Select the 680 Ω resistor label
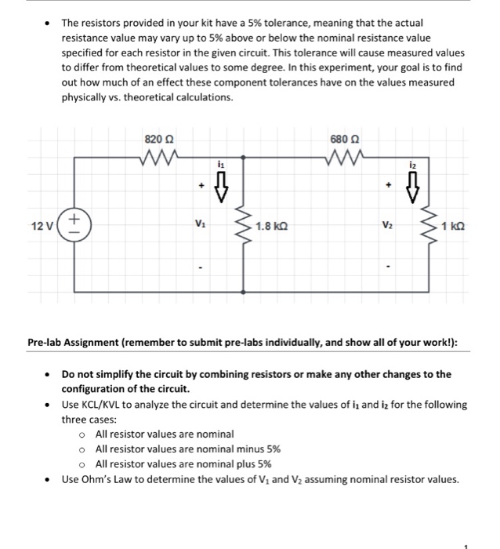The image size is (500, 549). [345, 139]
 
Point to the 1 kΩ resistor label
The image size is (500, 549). [454, 226]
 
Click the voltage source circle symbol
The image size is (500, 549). [75, 225]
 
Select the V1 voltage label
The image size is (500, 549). [201, 225]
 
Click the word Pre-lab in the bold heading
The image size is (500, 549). [48, 342]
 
